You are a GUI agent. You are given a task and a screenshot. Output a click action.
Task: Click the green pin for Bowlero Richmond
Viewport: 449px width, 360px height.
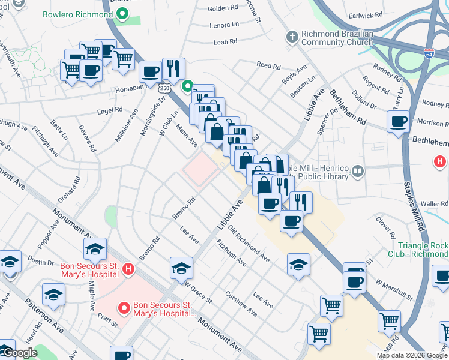coord(124,14)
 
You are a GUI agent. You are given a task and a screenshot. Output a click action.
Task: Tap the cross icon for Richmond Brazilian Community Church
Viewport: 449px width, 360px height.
coord(292,37)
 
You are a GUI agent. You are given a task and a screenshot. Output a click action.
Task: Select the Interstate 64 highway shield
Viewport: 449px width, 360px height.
coord(429,54)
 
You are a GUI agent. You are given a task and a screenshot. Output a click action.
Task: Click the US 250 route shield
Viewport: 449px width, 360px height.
coord(163,89)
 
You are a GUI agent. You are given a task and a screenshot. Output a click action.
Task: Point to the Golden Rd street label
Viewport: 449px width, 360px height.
coord(223,9)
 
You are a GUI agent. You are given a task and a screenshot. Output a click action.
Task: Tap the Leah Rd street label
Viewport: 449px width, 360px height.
coord(225,42)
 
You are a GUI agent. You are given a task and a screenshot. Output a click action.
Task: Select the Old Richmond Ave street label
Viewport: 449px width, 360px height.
coord(249,244)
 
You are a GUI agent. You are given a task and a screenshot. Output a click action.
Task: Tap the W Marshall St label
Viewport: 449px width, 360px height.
coord(394,290)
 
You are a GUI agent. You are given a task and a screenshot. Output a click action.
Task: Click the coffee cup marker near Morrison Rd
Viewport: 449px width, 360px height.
coord(398,122)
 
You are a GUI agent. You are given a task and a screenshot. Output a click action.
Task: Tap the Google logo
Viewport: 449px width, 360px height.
coord(20,353)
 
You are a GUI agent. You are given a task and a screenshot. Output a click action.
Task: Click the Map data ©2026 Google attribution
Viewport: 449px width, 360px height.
coord(411,355)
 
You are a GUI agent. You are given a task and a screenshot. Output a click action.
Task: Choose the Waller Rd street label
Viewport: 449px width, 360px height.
coord(435,204)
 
